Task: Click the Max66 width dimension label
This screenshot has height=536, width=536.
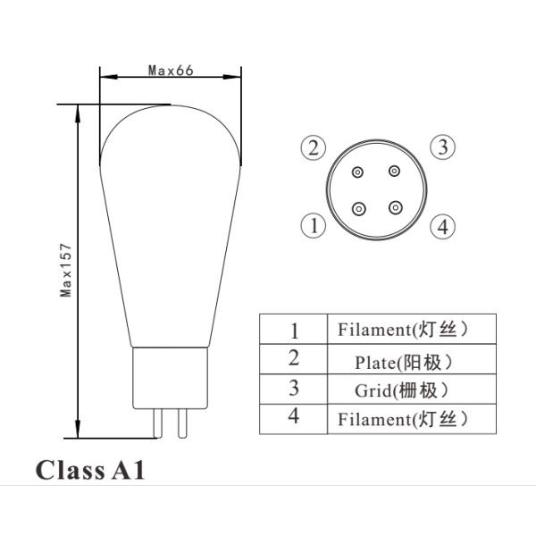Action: tap(170, 71)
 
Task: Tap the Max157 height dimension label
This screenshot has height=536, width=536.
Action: tap(66, 272)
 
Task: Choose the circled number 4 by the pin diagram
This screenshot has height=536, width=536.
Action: tap(441, 226)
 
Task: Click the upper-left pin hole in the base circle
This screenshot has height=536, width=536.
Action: tap(357, 172)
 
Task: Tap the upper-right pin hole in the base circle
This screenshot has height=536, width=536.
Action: tap(394, 172)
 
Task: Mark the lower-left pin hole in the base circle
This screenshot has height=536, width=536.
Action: tap(359, 207)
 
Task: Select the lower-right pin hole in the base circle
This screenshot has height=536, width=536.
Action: tap(394, 207)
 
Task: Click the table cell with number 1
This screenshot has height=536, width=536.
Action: tap(294, 331)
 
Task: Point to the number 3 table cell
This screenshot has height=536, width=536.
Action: tap(294, 390)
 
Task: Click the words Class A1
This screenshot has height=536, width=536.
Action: tap(89, 471)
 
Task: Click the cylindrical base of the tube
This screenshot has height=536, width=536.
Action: tap(169, 376)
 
